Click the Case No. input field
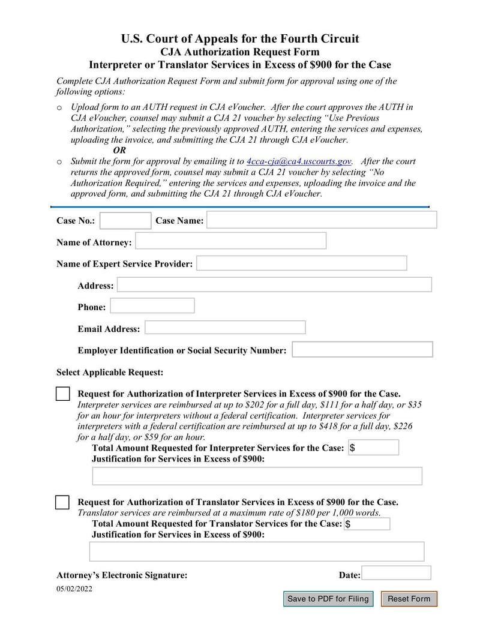click(125, 221)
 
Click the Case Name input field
click(322, 220)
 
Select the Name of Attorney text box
click(231, 241)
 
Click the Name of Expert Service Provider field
click(301, 263)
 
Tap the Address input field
click(274, 285)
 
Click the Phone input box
click(152, 306)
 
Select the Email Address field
click(225, 328)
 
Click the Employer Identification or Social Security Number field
click(362, 350)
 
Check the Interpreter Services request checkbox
click(62, 394)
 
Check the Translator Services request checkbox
click(62, 503)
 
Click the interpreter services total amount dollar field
click(373, 448)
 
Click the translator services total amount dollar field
click(367, 524)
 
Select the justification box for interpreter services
click(257, 476)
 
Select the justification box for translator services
click(257, 551)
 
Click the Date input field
click(396, 573)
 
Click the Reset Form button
click(409, 599)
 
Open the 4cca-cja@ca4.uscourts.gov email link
click(299, 161)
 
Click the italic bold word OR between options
click(119, 151)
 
